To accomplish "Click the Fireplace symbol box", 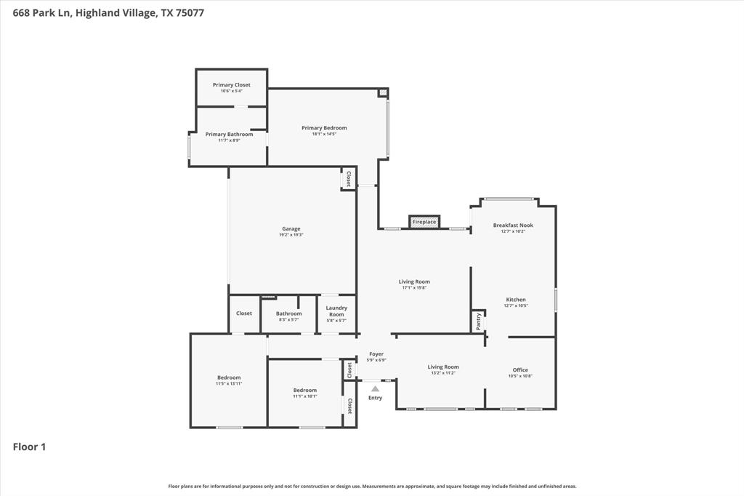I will pyautogui.click(x=424, y=222).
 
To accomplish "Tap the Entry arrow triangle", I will pyautogui.click(x=375, y=389).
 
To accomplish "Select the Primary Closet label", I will pyautogui.click(x=231, y=85).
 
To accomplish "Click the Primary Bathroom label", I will pyautogui.click(x=229, y=135).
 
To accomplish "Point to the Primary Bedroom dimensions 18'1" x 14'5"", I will pyautogui.click(x=324, y=134).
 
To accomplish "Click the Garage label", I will pyautogui.click(x=291, y=229).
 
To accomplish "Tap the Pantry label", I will pyautogui.click(x=478, y=321).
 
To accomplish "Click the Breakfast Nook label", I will pyautogui.click(x=513, y=225).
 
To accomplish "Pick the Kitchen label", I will pyautogui.click(x=516, y=300).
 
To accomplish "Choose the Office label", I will pyautogui.click(x=520, y=370).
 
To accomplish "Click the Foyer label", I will pyautogui.click(x=376, y=354).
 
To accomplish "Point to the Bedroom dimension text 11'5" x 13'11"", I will pyautogui.click(x=229, y=383).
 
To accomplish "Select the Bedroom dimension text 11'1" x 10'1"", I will pyautogui.click(x=305, y=396).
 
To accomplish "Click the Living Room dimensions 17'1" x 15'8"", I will pyautogui.click(x=414, y=288).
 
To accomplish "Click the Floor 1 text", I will pyautogui.click(x=30, y=447).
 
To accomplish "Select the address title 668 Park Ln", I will pyautogui.click(x=41, y=12).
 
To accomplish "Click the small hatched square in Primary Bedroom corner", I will pyautogui.click(x=383, y=93).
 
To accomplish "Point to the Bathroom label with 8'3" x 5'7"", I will pyautogui.click(x=288, y=313).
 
